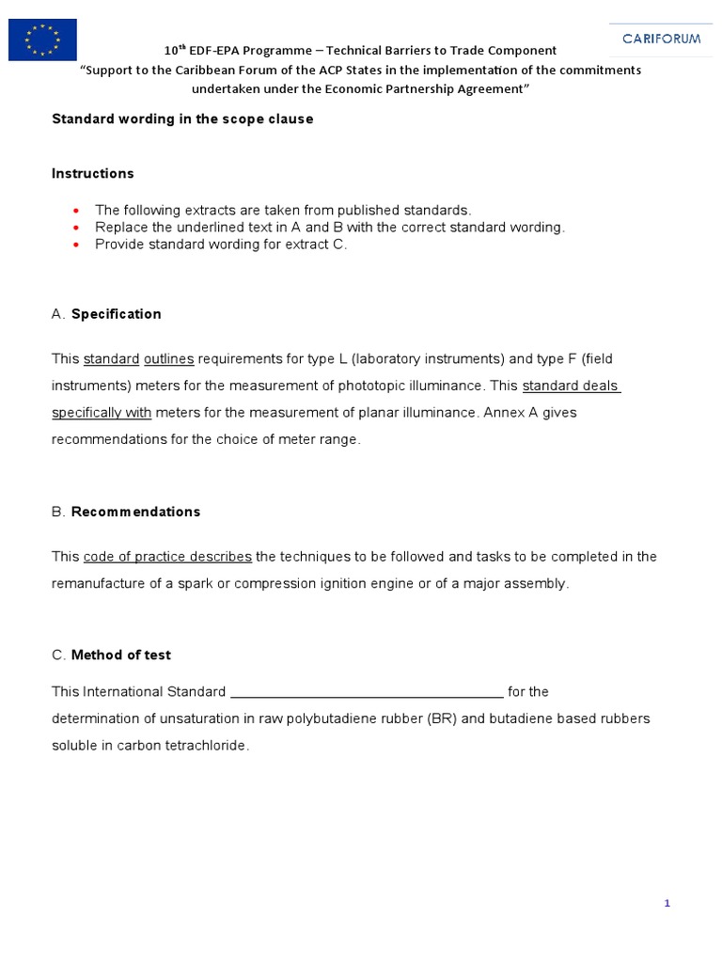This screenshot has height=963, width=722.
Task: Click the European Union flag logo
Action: tap(42, 39)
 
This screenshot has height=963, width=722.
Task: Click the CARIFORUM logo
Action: tap(661, 39)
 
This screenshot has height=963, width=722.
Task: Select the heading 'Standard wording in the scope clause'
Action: tap(182, 119)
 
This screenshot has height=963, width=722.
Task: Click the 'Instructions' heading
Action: tap(93, 174)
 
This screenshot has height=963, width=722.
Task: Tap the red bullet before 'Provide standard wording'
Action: tap(75, 245)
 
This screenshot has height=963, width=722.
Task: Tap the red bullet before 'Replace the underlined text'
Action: tap(75, 228)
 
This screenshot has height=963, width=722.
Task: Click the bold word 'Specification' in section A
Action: tap(117, 314)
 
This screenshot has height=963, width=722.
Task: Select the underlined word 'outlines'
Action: tap(169, 359)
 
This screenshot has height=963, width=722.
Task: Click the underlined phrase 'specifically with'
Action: tap(102, 413)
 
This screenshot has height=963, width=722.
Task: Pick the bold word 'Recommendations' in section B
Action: tap(136, 513)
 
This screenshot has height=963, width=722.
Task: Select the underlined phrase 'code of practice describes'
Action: tap(167, 557)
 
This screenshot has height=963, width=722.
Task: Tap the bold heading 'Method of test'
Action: tap(121, 655)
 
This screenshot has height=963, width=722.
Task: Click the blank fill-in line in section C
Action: tap(367, 693)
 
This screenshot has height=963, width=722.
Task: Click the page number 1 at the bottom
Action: tap(667, 904)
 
